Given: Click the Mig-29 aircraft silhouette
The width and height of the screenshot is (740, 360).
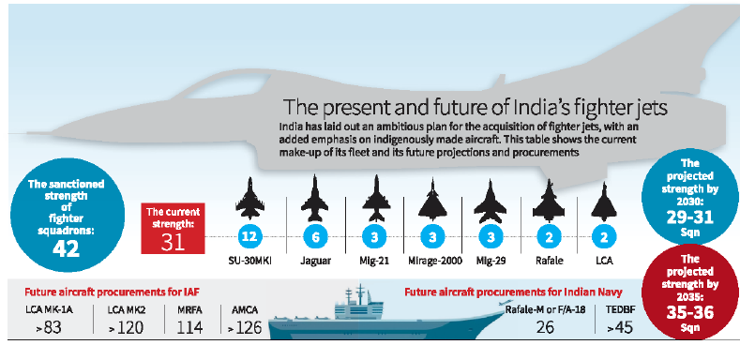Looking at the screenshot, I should pos(489,198).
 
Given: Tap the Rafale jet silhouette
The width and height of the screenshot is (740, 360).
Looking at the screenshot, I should pos(550,198).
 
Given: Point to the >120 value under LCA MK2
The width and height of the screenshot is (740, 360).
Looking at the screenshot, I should pos(126,326).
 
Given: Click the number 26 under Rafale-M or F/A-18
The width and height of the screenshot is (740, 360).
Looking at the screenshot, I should pos(545,326).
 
